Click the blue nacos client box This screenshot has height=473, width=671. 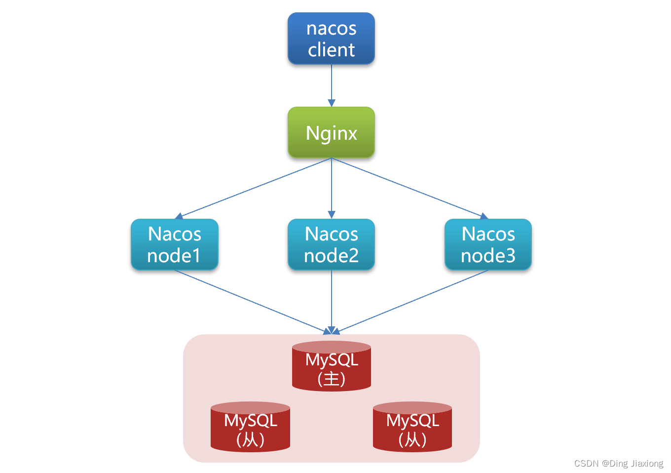[x=331, y=39]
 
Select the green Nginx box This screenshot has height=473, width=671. [x=331, y=132]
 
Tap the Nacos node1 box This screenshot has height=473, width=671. [x=174, y=244]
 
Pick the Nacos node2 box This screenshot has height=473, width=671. [x=331, y=244]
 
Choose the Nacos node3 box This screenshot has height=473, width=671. [x=488, y=244]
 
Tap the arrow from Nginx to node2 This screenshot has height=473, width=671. [x=331, y=188]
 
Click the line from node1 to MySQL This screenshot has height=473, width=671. [x=252, y=301]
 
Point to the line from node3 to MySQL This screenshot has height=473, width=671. [x=412, y=301]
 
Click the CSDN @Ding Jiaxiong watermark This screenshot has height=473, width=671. [x=619, y=463]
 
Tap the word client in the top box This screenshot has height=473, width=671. [x=331, y=50]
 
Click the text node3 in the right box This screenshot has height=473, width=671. [x=488, y=256]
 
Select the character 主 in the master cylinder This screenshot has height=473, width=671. [x=332, y=379]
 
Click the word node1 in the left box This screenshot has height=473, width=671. [x=174, y=256]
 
